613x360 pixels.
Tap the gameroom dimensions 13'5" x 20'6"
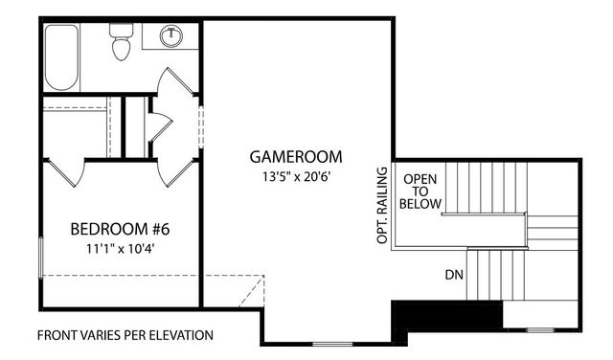point(296,177)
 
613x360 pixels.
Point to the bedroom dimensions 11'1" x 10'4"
point(121,249)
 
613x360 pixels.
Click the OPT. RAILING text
point(382,205)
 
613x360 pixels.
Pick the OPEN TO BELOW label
point(421,191)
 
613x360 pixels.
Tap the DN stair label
point(454,276)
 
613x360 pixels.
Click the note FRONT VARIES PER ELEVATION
point(125,336)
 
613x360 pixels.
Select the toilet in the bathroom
point(121,43)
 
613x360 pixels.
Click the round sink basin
point(172,36)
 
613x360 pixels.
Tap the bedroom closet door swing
point(65,172)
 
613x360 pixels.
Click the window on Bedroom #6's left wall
point(41,259)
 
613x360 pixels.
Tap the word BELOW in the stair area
point(421,204)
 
